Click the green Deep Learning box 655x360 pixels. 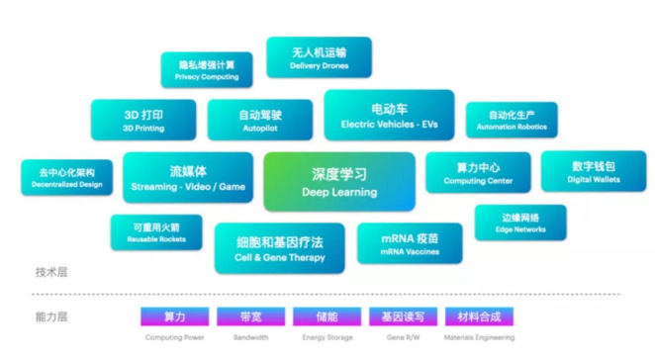[338, 182]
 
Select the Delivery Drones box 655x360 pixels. [319, 58]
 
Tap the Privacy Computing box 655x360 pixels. [207, 69]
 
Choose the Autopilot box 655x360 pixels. [260, 120]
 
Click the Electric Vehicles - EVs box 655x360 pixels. [389, 115]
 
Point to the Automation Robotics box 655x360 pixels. [511, 120]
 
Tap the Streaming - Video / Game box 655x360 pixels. [187, 177]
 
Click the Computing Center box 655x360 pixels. [478, 172]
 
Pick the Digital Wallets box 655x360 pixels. [593, 171]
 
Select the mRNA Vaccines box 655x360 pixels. [410, 244]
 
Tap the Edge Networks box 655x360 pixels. [520, 222]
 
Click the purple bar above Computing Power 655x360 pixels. [175, 316]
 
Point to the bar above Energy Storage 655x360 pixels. [327, 316]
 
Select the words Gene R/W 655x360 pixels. [403, 338]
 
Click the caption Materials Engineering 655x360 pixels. [480, 338]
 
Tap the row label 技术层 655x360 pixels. [50, 271]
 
